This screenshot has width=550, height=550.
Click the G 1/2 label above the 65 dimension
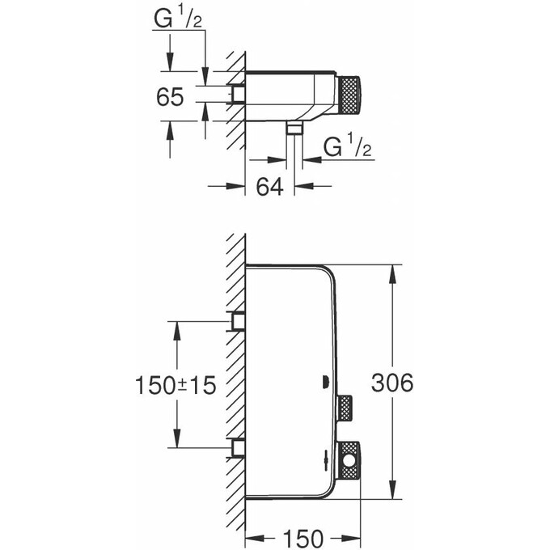[180, 19]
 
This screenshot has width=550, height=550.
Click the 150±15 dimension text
[175, 385]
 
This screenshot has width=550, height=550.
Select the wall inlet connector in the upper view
[238, 95]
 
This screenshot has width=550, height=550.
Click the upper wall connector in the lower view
[238, 322]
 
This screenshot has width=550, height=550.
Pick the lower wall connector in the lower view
[238, 446]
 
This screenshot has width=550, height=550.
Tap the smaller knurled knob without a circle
[345, 409]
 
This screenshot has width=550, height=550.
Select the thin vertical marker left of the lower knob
[326, 461]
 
